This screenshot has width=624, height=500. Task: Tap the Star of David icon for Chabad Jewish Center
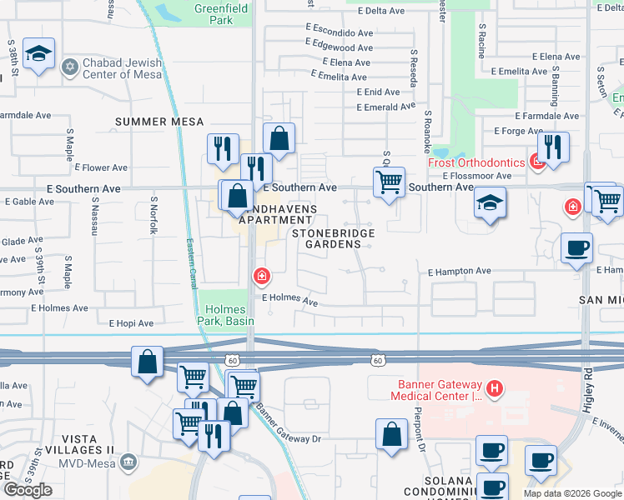[x=70, y=64]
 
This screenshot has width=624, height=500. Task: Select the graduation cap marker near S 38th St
[x=38, y=54]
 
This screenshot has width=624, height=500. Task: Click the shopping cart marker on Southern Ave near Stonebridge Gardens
[x=389, y=182]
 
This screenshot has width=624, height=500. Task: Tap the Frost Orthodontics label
[x=476, y=162]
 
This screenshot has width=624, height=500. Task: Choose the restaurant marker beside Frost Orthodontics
[x=554, y=147]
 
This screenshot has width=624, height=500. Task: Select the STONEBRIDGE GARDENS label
[x=334, y=238]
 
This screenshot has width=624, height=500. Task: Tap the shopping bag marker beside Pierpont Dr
[x=391, y=434]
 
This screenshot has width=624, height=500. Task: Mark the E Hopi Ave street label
[x=131, y=322]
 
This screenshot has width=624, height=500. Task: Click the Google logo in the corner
[x=28, y=490]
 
